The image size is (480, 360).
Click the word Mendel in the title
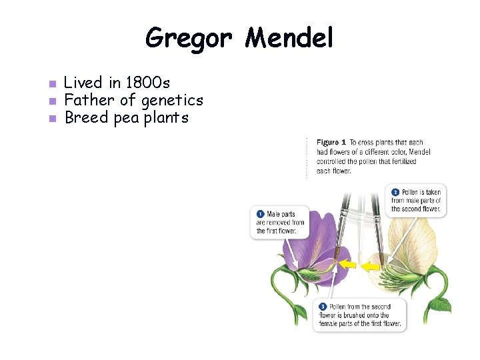pyautogui.click(x=289, y=38)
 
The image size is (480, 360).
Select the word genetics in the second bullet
pyautogui.click(x=171, y=101)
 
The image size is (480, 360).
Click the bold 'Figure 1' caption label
pyautogui.click(x=331, y=143)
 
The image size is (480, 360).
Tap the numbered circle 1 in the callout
pyautogui.click(x=260, y=214)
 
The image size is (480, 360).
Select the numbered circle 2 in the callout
pyautogui.click(x=395, y=192)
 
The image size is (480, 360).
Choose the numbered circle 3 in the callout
pyautogui.click(x=323, y=307)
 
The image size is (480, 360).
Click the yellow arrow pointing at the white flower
pyautogui.click(x=371, y=267)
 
